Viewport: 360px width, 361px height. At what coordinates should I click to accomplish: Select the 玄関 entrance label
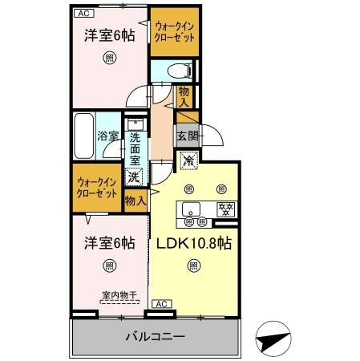(x=186, y=134)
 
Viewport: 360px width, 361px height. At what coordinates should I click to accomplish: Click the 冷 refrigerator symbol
(x=189, y=161)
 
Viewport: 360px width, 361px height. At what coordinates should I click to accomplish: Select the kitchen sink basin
(x=191, y=210)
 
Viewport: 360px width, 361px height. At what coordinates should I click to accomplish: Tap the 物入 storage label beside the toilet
(x=184, y=97)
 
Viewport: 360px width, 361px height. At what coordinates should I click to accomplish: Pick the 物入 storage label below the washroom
(x=136, y=201)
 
